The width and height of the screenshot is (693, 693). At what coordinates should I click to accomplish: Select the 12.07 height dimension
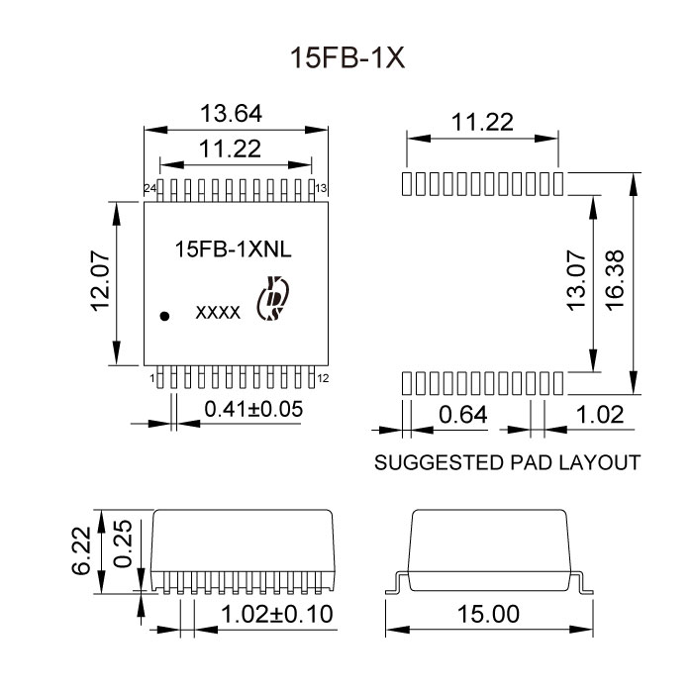98,282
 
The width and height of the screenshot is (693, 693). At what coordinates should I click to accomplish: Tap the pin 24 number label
149,188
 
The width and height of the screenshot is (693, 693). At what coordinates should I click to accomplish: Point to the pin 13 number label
322,188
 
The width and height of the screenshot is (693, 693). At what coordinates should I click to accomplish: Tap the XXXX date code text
218,313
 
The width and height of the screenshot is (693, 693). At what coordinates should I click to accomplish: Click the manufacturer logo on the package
271,301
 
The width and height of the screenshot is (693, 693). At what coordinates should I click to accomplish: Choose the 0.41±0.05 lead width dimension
252,408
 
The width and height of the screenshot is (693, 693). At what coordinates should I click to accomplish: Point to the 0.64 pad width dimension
462,416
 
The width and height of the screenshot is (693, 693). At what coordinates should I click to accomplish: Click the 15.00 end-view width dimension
489,613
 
